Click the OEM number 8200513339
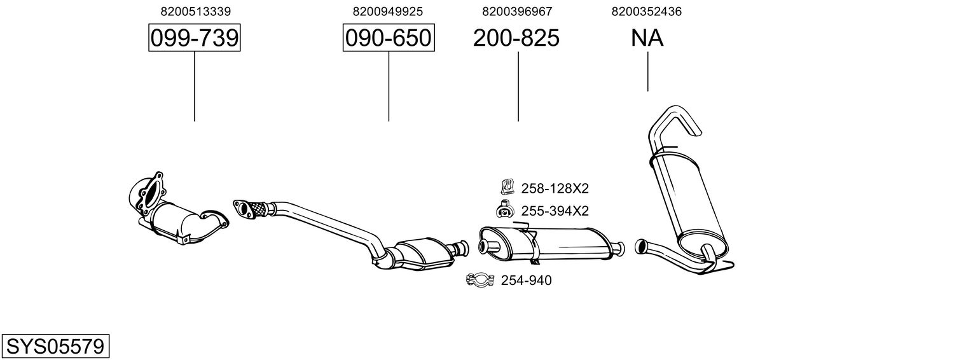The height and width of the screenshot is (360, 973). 195,11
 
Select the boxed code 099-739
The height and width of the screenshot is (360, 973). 195,39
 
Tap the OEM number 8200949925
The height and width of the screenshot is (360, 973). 388,11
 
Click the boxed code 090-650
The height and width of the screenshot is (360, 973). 389,39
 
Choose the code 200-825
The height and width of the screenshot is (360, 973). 516,39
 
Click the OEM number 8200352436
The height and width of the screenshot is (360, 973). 647,11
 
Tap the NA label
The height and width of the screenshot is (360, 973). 647,39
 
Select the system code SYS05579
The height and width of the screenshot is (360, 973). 55,346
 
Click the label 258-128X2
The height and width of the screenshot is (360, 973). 555,188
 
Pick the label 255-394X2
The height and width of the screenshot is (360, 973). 555,211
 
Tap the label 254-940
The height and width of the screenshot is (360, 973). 526,280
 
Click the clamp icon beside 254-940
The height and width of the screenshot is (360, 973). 480,280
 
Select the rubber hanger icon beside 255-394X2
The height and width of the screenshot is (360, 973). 505,209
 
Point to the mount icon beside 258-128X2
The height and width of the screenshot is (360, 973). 506,187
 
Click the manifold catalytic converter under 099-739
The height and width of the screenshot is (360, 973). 174,216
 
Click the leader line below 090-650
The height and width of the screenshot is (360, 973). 389,86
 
